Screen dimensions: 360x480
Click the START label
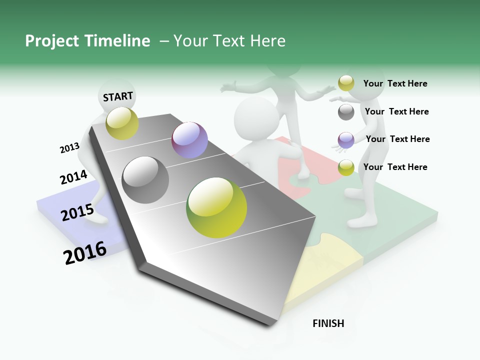[x=118, y=96]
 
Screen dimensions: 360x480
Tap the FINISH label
[x=328, y=323]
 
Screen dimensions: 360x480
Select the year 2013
[x=69, y=148]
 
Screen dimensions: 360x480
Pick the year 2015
[x=77, y=212]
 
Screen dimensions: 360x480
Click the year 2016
[x=85, y=253]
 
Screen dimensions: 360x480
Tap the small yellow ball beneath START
[x=122, y=123]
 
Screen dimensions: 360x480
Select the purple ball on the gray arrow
[x=189, y=140]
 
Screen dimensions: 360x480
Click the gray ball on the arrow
[x=145, y=179]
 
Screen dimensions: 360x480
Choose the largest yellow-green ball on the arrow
[x=216, y=207]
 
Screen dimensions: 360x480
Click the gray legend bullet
[x=346, y=112]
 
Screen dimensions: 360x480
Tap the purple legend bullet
[x=346, y=140]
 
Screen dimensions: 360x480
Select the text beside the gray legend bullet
[x=396, y=111]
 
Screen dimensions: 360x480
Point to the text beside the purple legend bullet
[x=397, y=139]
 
